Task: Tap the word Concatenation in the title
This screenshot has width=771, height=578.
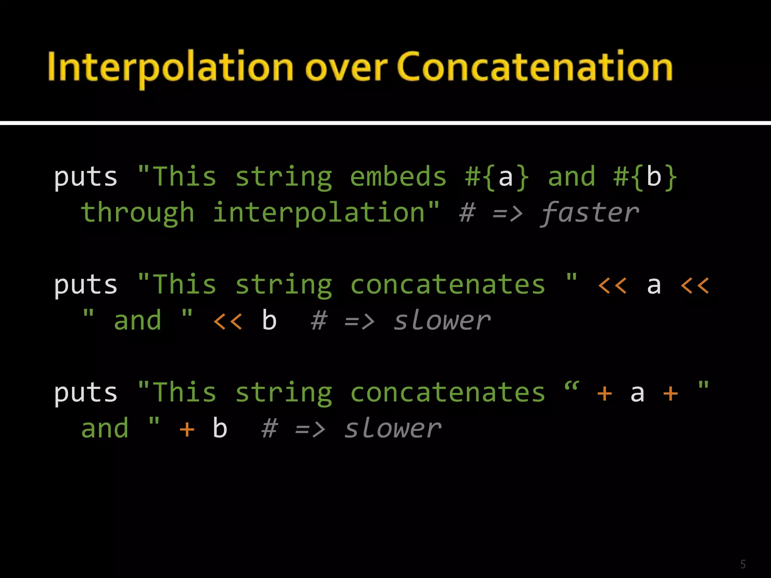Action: [x=535, y=67]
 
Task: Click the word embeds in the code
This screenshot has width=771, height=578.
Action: [x=398, y=177]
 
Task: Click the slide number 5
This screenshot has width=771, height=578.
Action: [x=743, y=564]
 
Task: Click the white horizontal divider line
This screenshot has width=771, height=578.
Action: [x=385, y=123]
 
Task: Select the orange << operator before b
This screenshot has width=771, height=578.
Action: [x=228, y=321]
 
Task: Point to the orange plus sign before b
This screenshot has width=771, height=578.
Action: [x=187, y=429]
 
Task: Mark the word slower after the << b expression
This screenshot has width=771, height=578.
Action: [x=442, y=321]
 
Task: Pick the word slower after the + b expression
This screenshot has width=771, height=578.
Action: [x=393, y=429]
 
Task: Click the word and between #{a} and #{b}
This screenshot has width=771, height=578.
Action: [x=571, y=177]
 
